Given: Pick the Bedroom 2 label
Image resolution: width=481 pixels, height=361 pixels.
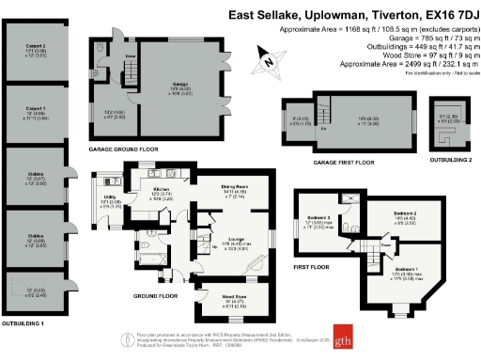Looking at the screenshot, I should point(406,214).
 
